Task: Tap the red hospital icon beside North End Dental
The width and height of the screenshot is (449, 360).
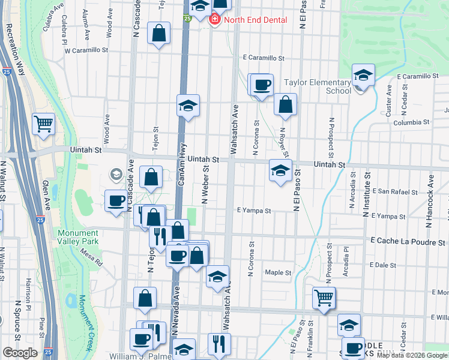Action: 214,20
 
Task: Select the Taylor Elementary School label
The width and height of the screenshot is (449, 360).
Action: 317,86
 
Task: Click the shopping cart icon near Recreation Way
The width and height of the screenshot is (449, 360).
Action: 43,124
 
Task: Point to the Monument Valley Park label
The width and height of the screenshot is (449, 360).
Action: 86,238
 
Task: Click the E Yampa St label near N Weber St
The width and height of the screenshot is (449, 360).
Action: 255,211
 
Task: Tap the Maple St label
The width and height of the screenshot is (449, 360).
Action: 278,272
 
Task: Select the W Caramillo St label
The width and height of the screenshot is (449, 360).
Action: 88,51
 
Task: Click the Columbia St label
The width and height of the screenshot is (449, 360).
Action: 411,122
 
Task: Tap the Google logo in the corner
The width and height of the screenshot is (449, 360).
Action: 19,352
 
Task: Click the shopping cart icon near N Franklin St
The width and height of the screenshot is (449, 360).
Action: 324,296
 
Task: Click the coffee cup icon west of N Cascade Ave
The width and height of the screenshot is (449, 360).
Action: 116,200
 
